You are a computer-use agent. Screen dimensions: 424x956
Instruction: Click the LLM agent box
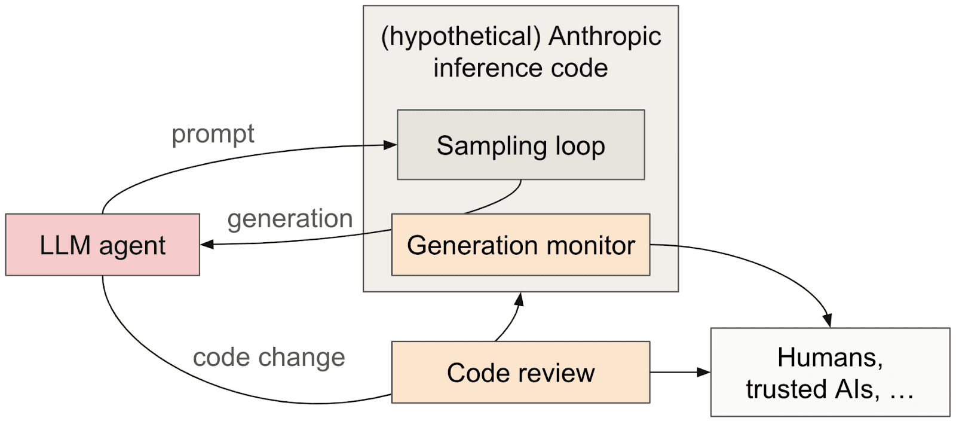[x=102, y=245]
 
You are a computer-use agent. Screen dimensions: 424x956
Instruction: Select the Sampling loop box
[x=520, y=145]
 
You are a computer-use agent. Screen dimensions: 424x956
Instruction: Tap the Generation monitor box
[x=520, y=245]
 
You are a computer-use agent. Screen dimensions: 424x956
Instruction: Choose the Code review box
[x=520, y=372]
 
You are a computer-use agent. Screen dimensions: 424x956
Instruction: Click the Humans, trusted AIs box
[x=830, y=372]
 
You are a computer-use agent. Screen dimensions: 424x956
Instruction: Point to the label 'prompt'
[x=213, y=134]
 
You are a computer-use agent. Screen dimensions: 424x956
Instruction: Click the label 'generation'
[x=290, y=219]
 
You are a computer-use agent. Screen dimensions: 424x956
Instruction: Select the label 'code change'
[x=269, y=358]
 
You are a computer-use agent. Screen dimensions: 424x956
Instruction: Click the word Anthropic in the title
[x=605, y=37]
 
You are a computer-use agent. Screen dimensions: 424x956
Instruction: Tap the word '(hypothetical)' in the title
[x=461, y=37]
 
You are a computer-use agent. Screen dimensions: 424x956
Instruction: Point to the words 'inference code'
[x=520, y=68]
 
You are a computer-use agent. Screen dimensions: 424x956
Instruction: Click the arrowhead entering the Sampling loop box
[x=390, y=145]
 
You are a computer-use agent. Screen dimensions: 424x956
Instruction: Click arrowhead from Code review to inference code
[x=520, y=298]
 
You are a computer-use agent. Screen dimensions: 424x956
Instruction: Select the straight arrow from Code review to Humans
[x=680, y=372]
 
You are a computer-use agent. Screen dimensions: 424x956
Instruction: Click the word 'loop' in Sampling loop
[x=580, y=146]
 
